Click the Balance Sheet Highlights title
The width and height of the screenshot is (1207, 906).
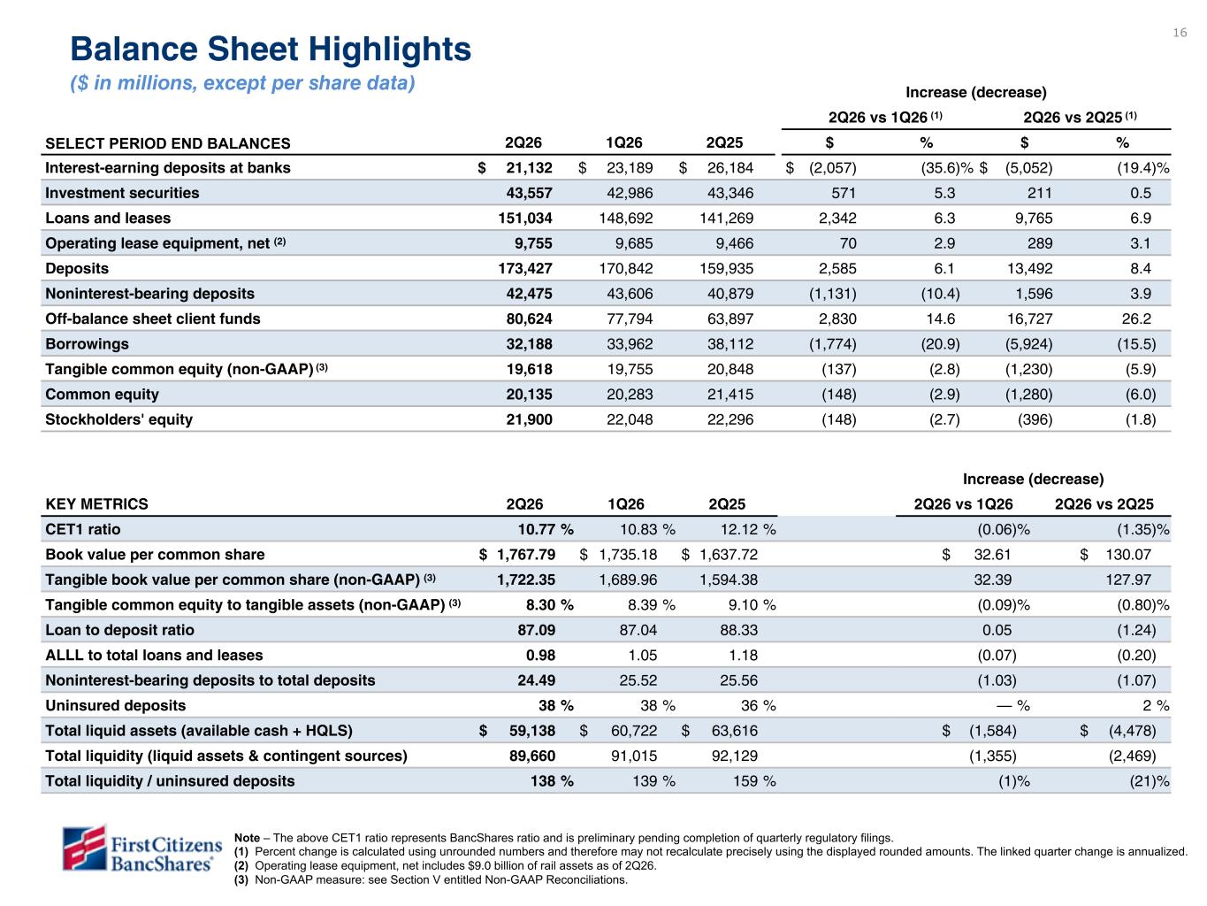click(271, 49)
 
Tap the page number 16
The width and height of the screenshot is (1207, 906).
click(1180, 33)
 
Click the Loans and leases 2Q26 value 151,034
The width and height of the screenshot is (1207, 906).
click(525, 219)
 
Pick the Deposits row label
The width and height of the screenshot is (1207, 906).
click(77, 268)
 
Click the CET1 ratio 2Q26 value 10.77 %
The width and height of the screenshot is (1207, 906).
click(546, 529)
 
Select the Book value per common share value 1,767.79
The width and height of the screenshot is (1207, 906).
click(526, 555)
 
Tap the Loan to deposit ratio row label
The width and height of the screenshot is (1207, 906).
click(120, 630)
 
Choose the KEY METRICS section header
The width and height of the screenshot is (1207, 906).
click(96, 504)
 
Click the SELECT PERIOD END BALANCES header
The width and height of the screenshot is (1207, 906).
click(168, 143)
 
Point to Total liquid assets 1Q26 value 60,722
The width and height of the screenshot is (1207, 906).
click(634, 731)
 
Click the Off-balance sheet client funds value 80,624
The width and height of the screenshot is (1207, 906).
click(529, 319)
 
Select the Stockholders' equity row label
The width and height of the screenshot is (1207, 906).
click(118, 419)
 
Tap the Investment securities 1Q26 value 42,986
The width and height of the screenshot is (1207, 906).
click(630, 193)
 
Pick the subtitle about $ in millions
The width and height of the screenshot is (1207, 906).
click(242, 83)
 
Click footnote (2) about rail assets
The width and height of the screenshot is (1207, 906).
click(446, 865)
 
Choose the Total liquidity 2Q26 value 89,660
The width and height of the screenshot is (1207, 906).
click(532, 756)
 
